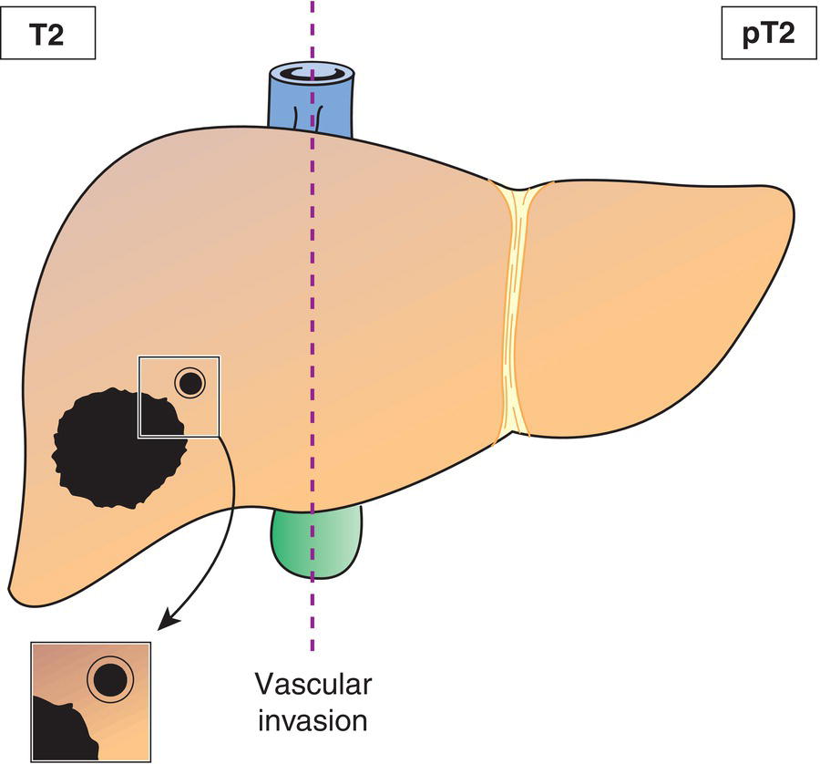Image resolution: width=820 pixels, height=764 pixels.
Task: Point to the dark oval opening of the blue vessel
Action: [311, 73]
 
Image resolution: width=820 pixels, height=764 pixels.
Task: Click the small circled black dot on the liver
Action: [190, 384]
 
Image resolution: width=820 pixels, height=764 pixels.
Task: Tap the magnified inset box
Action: [91, 702]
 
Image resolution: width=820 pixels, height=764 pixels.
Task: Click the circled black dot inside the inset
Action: [108, 679]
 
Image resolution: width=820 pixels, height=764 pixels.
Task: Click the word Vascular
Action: [313, 685]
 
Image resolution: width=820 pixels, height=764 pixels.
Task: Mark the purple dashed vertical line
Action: [313, 274]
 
